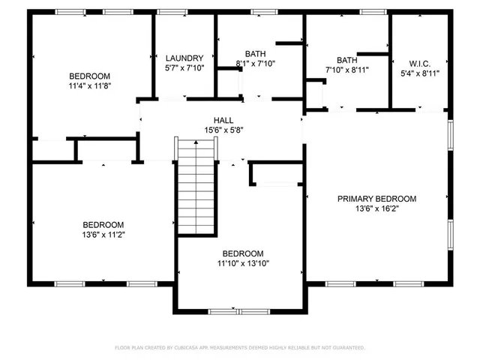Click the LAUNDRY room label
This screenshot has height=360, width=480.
pyautogui.click(x=184, y=58)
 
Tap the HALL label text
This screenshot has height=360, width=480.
pyautogui.click(x=223, y=120)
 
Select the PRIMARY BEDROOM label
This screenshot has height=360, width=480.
pyautogui.click(x=376, y=199)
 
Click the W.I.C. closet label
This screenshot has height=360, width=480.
pyautogui.click(x=419, y=63)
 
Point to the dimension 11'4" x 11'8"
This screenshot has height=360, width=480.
pyautogui.click(x=90, y=86)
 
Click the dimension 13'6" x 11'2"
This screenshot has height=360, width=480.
pyautogui.click(x=103, y=235)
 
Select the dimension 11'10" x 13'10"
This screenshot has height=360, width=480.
pyautogui.click(x=243, y=263)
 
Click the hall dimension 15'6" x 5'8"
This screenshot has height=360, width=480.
pyautogui.click(x=223, y=130)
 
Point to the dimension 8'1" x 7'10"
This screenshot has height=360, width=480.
pyautogui.click(x=256, y=63)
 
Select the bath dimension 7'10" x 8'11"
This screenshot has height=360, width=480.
pyautogui.click(x=346, y=70)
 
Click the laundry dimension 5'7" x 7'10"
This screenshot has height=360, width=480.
pyautogui.click(x=184, y=68)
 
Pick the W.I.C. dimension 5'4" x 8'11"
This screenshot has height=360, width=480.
pyautogui.click(x=419, y=73)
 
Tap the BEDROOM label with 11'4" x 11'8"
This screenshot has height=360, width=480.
pyautogui.click(x=90, y=76)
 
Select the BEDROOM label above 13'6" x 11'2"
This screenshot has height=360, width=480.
pyautogui.click(x=103, y=224)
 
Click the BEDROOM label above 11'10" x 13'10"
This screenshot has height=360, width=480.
pyautogui.click(x=243, y=253)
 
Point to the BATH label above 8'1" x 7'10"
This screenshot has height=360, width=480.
pyautogui.click(x=256, y=53)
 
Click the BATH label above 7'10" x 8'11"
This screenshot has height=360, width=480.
pyautogui.click(x=346, y=60)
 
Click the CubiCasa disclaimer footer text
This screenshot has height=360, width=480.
pyautogui.click(x=239, y=347)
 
